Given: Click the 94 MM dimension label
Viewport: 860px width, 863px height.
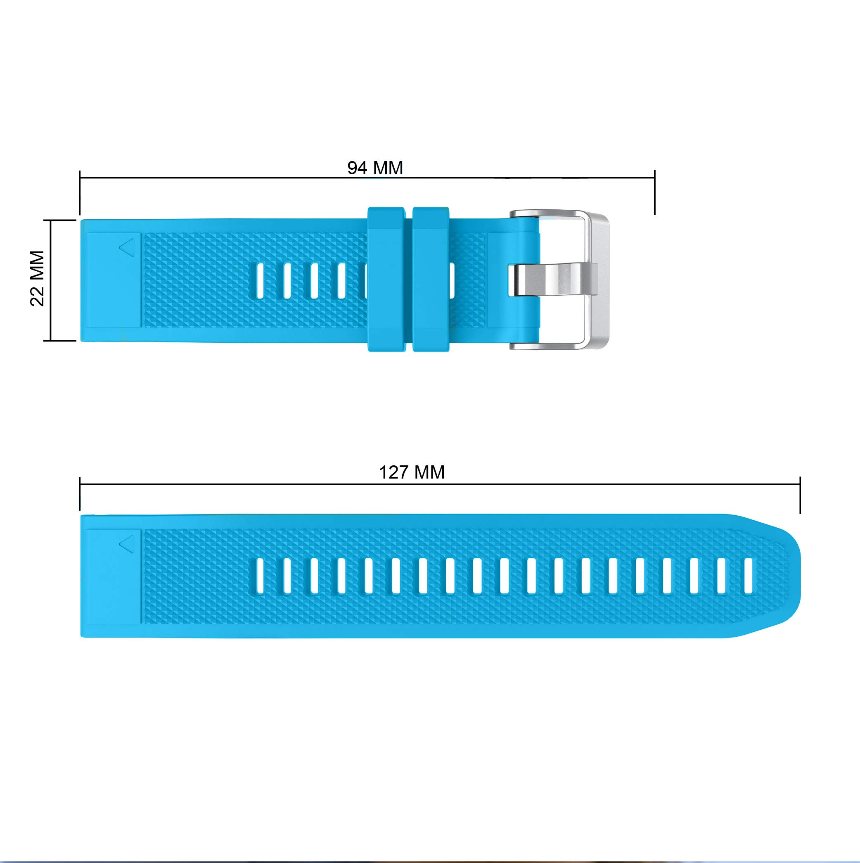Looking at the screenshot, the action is (375, 168).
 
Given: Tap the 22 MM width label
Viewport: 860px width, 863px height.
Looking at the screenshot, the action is (38, 278).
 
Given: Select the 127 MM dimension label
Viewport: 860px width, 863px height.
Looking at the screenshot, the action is (412, 472).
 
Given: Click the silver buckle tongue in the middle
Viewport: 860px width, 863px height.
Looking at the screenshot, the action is (553, 280).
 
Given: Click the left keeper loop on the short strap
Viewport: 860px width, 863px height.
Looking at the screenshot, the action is (386, 279).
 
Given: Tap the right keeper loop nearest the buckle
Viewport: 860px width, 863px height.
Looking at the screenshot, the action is (431, 279).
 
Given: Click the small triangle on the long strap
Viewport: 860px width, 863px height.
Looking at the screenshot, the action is (127, 544).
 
